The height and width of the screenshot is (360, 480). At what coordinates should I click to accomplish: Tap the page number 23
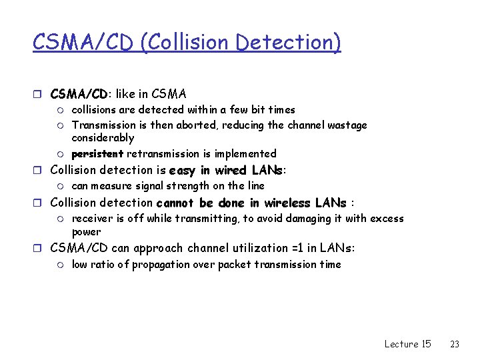pos(455,344)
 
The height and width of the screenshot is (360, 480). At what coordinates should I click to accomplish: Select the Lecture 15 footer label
pos(407,344)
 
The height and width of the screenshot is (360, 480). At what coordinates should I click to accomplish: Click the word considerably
pos(103,138)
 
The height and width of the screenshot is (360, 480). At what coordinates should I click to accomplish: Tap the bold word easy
pos(183,170)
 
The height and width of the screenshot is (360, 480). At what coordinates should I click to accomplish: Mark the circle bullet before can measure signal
pos(61,186)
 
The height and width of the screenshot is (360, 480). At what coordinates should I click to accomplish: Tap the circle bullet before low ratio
pos(61,265)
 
